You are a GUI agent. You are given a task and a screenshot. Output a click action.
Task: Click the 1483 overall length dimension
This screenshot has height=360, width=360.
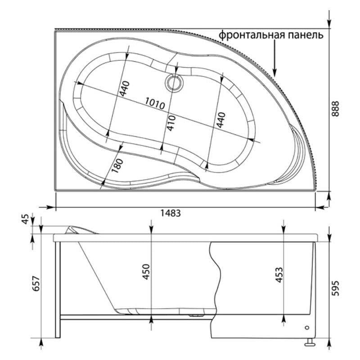[171, 213]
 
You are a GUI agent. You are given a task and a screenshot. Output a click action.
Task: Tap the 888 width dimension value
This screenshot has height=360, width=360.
[335, 109]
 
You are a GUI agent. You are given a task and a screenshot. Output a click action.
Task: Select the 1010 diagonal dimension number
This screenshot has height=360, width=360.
[155, 103]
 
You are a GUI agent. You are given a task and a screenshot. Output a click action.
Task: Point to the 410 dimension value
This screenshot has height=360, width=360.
[171, 123]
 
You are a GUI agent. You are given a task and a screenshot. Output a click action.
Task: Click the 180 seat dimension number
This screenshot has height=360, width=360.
[117, 166]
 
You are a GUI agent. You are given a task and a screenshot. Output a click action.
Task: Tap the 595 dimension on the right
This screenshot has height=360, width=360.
[335, 288]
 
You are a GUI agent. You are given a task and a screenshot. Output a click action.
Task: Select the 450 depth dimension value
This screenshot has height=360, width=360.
[146, 272]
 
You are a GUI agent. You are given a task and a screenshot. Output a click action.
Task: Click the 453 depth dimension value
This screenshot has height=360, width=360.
[279, 274]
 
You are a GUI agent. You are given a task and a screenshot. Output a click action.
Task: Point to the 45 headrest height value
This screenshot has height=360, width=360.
[26, 219]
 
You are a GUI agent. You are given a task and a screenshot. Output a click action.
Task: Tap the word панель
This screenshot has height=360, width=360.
[306, 35]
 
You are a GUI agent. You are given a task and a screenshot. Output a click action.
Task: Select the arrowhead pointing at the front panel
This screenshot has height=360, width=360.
[274, 72]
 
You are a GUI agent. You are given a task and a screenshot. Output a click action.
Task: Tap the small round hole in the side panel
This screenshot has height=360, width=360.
[307, 328]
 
